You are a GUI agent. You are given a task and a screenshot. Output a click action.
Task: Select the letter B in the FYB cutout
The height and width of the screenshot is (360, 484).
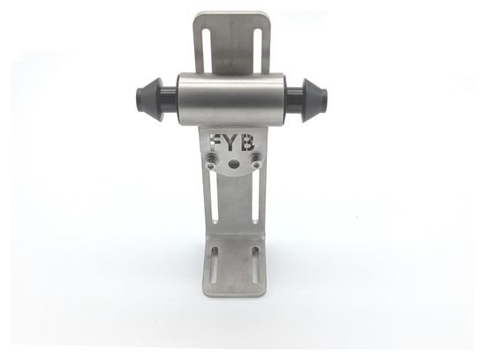point(248,143)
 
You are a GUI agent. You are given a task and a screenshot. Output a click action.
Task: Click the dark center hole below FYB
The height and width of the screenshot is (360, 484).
point(233,164)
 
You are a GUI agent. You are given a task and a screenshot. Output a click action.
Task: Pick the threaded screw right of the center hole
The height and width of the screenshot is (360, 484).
point(255,158)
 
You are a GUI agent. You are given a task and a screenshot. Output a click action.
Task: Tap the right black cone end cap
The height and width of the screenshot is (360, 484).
point(314,101)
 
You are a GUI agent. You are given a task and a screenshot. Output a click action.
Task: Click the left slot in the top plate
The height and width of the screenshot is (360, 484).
point(207,53)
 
